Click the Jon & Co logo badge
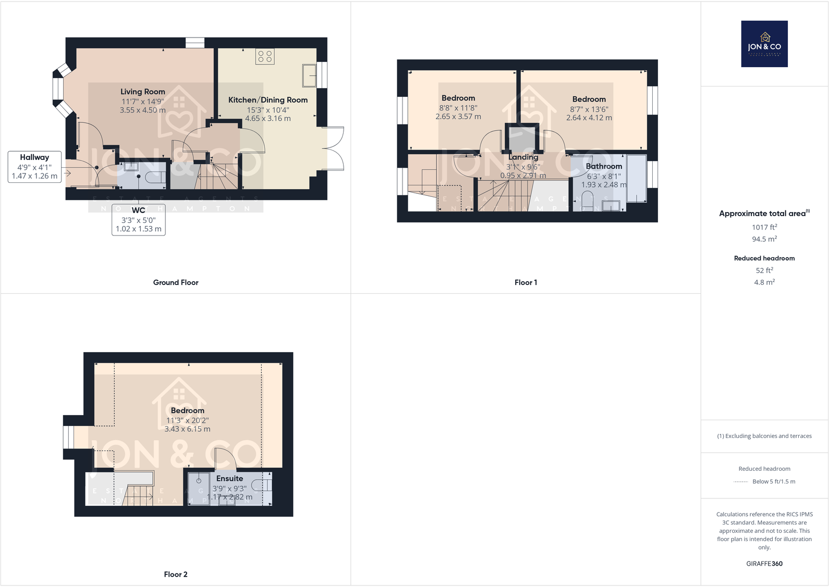click(764, 44)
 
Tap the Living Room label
click(142, 92)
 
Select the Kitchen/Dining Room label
click(267, 100)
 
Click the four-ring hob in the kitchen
click(265, 56)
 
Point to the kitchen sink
click(309, 76)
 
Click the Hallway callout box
click(34, 167)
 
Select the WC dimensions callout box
click(138, 220)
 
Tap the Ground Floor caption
click(176, 282)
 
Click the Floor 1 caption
click(526, 282)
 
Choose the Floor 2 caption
click(176, 574)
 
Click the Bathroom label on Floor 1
click(604, 166)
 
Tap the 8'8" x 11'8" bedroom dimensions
click(458, 108)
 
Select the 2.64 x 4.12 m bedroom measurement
click(589, 118)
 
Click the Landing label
click(523, 157)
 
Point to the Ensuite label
click(229, 478)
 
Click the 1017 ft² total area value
click(764, 227)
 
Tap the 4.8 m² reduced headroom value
click(764, 282)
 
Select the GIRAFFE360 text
click(764, 564)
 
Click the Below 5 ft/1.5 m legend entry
click(773, 481)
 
